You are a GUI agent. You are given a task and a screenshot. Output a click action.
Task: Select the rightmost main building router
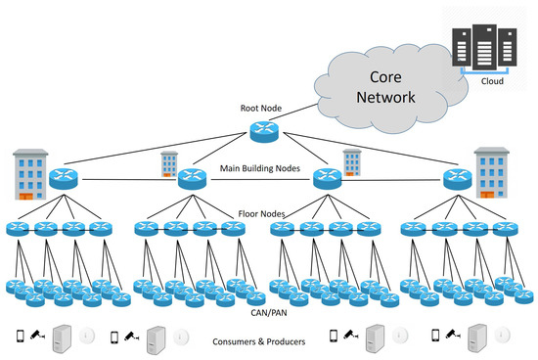click(x=455, y=179)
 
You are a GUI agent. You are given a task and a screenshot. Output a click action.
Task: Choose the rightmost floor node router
click(x=505, y=230)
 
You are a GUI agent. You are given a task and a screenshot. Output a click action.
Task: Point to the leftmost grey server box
click(x=64, y=336)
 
